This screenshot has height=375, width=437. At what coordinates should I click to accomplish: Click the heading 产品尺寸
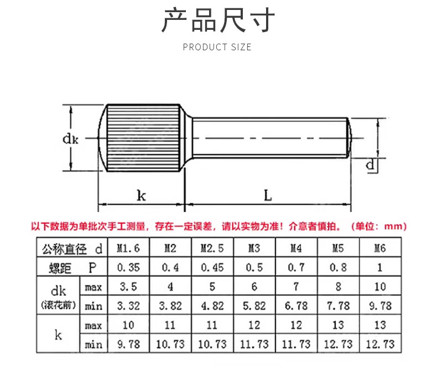[218, 21]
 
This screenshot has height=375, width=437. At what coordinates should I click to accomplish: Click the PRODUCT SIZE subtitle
[217, 47]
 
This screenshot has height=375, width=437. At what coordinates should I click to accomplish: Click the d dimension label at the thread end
[371, 164]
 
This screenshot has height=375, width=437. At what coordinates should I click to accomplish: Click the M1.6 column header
[128, 248]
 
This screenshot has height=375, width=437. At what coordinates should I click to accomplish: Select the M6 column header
[379, 248]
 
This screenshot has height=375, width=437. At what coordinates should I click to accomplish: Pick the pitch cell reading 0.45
[212, 267]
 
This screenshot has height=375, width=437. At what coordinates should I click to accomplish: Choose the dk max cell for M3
[254, 287]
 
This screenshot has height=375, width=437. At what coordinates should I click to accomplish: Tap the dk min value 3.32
[128, 306]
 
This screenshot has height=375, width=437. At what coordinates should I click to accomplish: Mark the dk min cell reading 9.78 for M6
[379, 306]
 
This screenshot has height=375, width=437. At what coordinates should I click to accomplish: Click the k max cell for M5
[337, 325]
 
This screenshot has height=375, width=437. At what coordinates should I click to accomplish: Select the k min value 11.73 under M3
[254, 344]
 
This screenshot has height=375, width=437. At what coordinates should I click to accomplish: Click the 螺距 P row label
[70, 267]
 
